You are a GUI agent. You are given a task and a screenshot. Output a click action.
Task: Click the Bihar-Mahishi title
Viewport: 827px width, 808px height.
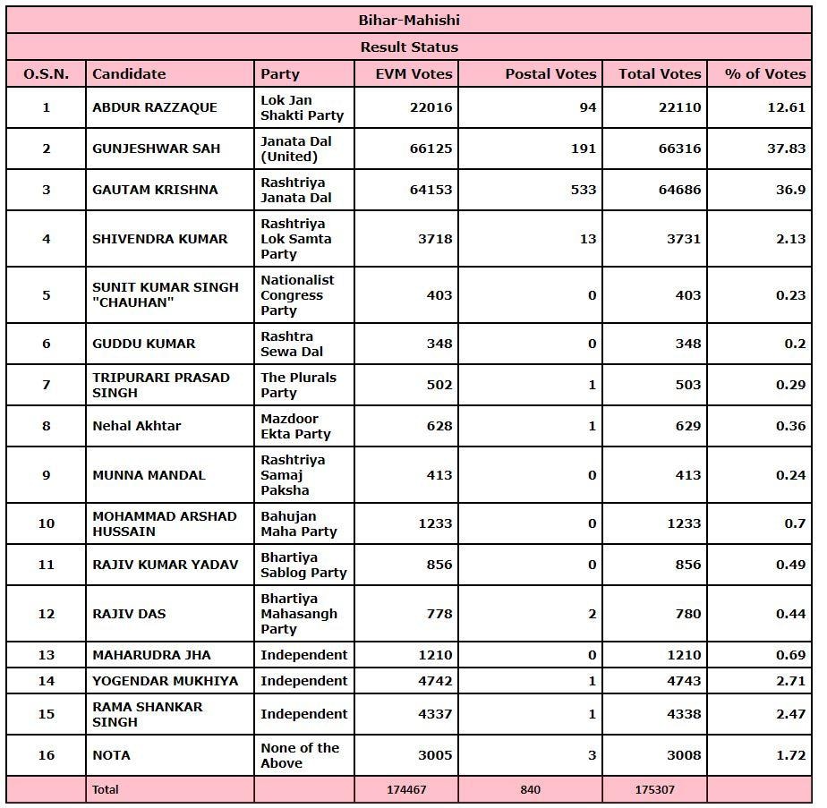[409, 20]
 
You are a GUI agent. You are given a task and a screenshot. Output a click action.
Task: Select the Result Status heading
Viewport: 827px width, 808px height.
[409, 47]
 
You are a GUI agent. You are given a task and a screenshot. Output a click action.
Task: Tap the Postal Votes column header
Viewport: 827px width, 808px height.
[550, 73]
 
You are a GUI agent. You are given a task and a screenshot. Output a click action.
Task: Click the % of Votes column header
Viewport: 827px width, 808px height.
[764, 73]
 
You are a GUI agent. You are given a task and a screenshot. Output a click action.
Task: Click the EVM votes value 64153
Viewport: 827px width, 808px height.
[431, 190]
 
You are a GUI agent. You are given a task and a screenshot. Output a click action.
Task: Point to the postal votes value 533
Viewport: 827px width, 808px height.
[583, 190]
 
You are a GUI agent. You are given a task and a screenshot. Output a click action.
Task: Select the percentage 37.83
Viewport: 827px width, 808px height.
[786, 149]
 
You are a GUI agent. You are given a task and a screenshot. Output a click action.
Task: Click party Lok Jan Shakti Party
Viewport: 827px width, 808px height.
[302, 107]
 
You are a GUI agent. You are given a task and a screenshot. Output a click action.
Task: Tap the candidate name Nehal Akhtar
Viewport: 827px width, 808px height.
[136, 426]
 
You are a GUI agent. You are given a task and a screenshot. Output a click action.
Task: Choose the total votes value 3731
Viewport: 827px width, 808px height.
[679, 239]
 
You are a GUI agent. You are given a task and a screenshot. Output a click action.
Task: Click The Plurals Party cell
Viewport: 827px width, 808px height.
[298, 385]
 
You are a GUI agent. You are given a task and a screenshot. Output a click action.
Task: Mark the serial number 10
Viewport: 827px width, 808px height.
[47, 523]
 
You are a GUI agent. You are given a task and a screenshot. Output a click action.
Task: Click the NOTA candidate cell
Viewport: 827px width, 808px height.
[111, 755]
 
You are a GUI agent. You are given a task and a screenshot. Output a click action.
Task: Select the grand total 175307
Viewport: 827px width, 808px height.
[660, 789]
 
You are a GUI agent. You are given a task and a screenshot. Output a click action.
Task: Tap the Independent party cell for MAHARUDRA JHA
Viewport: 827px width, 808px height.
[303, 655]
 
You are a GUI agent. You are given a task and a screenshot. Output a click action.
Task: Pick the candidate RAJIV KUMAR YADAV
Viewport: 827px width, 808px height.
[165, 565]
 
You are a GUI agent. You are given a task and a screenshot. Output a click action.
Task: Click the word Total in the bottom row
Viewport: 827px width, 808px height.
[105, 789]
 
